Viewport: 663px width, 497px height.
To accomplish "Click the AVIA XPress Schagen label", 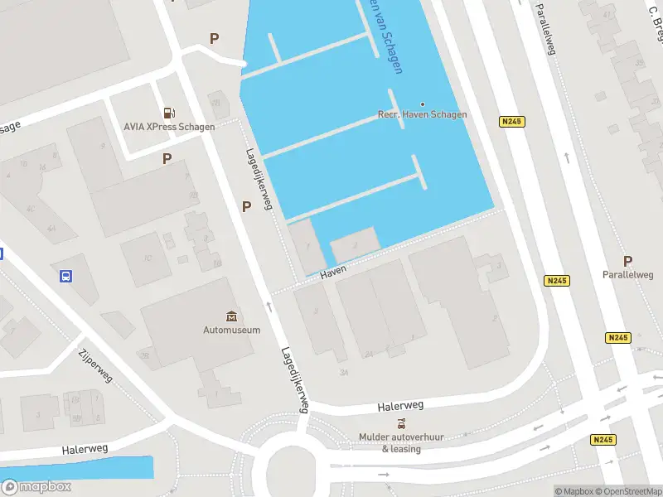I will click(x=169, y=127).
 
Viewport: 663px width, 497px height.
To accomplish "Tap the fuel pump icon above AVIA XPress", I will click(x=169, y=112).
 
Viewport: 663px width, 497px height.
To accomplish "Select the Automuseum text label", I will click(x=232, y=329).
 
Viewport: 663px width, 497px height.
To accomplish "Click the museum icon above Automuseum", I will click(x=231, y=316).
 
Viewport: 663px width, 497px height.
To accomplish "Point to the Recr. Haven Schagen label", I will click(x=422, y=115).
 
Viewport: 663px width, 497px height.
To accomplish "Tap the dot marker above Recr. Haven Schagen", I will click(x=422, y=104).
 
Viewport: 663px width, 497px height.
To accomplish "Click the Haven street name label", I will click(x=332, y=272).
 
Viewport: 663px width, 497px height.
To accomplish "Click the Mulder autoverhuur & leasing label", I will click(x=401, y=442).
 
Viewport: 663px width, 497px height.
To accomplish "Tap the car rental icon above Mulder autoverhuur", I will click(x=401, y=423).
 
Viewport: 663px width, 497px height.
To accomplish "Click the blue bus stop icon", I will click(x=65, y=277).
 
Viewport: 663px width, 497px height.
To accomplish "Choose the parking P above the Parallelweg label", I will click(x=627, y=260).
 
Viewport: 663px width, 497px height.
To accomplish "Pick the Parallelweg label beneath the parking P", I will click(x=627, y=275).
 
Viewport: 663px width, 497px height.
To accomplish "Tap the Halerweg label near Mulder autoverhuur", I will click(x=400, y=406).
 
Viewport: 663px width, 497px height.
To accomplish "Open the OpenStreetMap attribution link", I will click(x=631, y=491).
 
